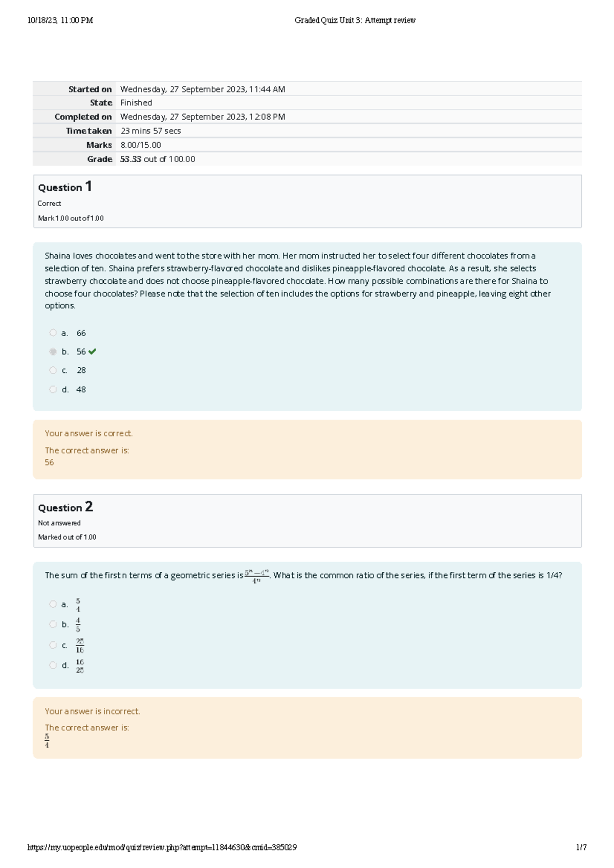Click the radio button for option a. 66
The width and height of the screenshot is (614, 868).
click(53, 333)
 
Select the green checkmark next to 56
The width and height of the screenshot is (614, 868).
click(92, 351)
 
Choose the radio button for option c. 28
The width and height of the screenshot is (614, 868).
click(53, 370)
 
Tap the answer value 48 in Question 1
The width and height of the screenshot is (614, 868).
click(81, 390)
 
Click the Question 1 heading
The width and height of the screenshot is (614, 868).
click(65, 187)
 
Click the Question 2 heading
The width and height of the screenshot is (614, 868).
click(65, 507)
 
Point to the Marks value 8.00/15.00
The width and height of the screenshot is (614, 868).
click(141, 145)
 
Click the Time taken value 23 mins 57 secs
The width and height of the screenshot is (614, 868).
click(150, 131)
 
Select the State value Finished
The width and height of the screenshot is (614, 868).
click(136, 103)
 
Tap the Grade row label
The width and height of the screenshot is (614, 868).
click(99, 159)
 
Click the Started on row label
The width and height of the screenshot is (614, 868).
click(90, 89)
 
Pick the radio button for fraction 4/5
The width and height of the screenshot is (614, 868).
click(53, 625)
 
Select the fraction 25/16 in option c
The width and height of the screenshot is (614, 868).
click(80, 646)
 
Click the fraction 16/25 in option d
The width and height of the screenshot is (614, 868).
click(80, 666)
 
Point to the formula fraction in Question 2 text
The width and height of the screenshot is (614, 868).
click(257, 576)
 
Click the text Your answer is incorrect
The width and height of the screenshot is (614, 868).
click(92, 711)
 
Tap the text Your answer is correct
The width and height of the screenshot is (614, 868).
click(89, 433)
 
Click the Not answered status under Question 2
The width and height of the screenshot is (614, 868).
click(59, 523)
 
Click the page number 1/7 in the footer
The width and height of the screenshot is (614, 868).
click(581, 848)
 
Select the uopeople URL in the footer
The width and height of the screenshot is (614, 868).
click(162, 848)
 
